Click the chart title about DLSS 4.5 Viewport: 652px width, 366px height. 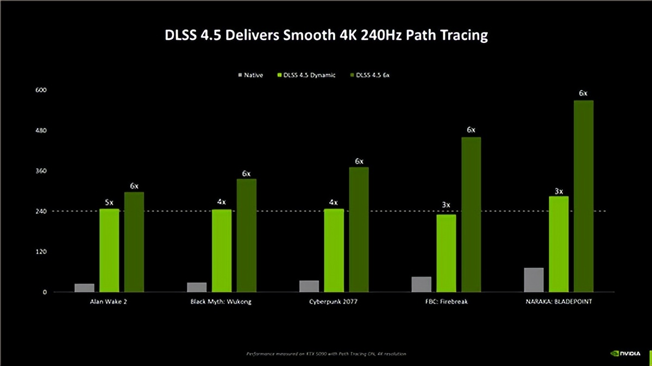click(x=326, y=36)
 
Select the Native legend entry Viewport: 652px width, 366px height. click(x=250, y=75)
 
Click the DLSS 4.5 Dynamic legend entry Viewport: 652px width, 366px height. click(x=306, y=75)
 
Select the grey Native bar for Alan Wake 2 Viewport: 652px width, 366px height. click(x=84, y=288)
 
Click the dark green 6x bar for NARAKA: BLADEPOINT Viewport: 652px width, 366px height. click(x=584, y=196)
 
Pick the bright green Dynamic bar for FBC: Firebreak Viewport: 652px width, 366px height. click(x=446, y=253)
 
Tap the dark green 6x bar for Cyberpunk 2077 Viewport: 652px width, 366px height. click(x=359, y=229)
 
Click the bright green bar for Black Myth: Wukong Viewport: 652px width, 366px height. click(x=221, y=250)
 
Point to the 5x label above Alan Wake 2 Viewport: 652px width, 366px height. click(x=109, y=202)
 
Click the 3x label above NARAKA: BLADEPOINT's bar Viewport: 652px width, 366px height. click(x=559, y=191)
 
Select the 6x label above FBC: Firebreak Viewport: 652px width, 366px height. click(x=471, y=130)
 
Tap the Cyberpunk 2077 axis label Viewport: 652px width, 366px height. click(x=334, y=301)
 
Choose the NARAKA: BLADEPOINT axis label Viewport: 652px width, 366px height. click(x=559, y=301)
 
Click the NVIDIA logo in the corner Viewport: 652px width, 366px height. click(x=629, y=354)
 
